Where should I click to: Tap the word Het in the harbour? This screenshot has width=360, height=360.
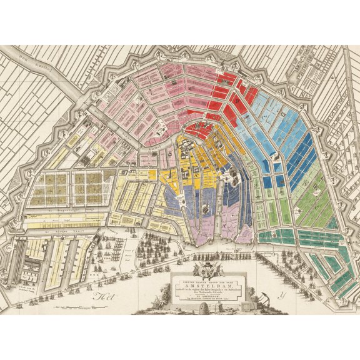point(100,296)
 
